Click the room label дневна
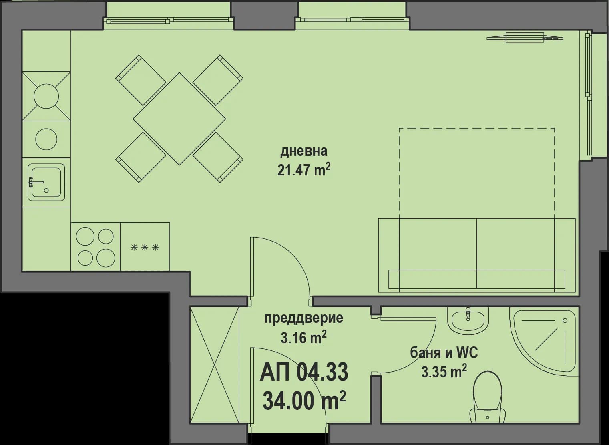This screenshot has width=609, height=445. [x=303, y=151]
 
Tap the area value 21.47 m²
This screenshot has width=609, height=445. [x=303, y=170]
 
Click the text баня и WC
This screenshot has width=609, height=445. [x=444, y=353]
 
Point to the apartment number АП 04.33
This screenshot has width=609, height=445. [x=304, y=372]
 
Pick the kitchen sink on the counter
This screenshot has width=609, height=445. [x=46, y=182]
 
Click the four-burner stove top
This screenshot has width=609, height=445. [x=95, y=247]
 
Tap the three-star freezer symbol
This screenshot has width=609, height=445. [x=145, y=247]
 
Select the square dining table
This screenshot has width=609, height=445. [x=179, y=119]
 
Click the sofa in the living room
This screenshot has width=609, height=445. [x=476, y=255]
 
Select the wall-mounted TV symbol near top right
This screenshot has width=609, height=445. [x=525, y=37]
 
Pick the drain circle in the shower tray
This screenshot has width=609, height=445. [x=565, y=320]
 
